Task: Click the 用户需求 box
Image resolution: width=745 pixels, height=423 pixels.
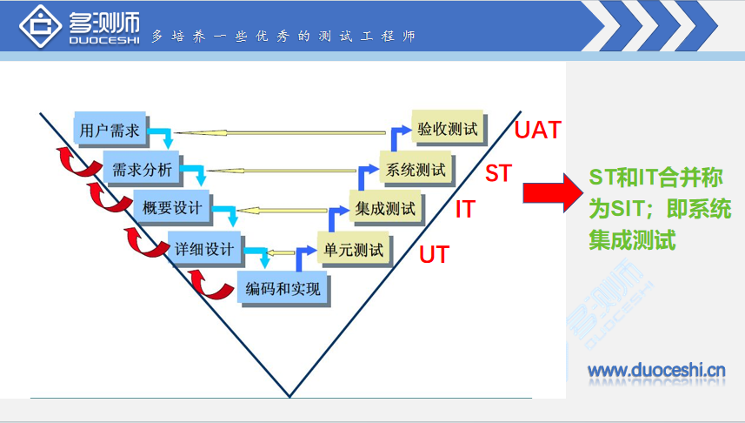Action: pyautogui.click(x=110, y=131)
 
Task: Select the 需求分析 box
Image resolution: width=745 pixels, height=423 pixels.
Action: pyautogui.click(x=143, y=168)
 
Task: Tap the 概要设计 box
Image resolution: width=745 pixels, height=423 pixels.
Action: pyautogui.click(x=172, y=208)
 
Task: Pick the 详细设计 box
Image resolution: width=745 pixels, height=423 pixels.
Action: pyautogui.click(x=204, y=249)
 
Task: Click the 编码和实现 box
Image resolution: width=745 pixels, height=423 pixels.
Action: pyautogui.click(x=283, y=288)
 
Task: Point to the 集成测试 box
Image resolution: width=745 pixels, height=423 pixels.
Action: pyautogui.click(x=385, y=209)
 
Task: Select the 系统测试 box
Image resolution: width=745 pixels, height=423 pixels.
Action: pyautogui.click(x=416, y=169)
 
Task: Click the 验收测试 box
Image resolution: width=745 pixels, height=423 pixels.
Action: pyautogui.click(x=448, y=130)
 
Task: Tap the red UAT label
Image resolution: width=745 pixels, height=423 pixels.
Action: pyautogui.click(x=538, y=131)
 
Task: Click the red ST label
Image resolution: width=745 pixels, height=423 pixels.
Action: pyautogui.click(x=498, y=173)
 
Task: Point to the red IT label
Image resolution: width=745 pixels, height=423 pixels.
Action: pyautogui.click(x=465, y=210)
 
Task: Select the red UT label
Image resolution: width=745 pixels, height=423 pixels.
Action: pyautogui.click(x=435, y=255)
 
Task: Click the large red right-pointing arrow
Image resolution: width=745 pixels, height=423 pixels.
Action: pyautogui.click(x=551, y=191)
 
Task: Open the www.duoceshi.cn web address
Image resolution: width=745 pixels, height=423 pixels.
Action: pyautogui.click(x=656, y=372)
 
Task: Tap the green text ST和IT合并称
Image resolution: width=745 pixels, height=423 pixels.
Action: pyautogui.click(x=655, y=178)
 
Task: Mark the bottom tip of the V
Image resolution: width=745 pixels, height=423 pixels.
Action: pyautogui.click(x=289, y=395)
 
